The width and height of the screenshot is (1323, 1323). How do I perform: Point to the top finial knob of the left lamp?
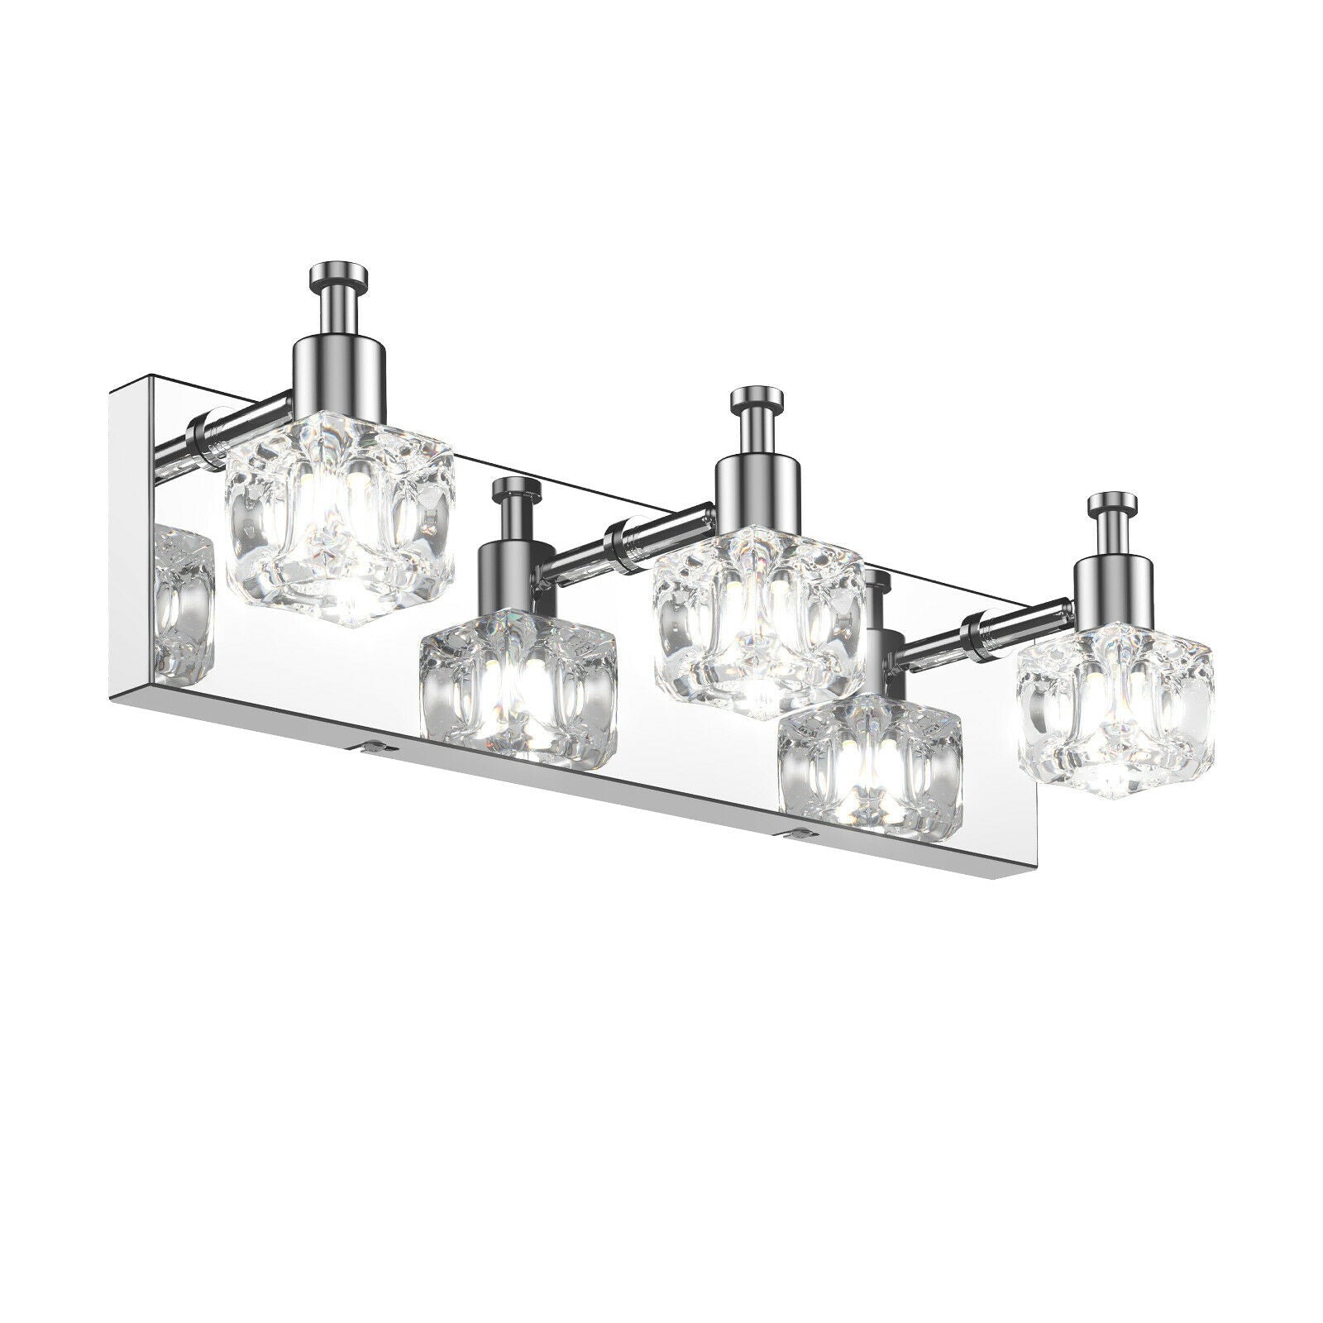pos(334,275)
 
